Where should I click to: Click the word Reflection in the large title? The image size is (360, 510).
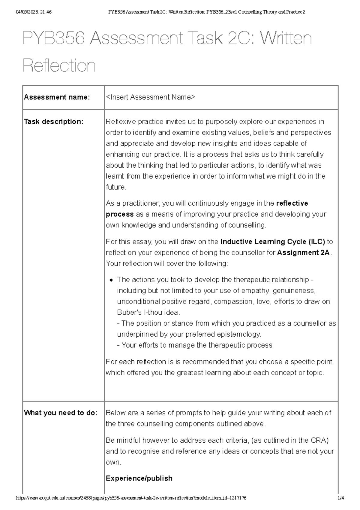coord(59,66)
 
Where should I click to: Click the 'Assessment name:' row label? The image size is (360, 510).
coord(57,97)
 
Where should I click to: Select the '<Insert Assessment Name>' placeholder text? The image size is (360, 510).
coord(150,97)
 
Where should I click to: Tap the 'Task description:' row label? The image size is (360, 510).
coord(53,122)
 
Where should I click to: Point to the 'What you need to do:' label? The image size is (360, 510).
coord(61,413)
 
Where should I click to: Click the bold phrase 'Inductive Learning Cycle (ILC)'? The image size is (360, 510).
coord(272,242)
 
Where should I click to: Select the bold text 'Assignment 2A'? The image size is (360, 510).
coord(303,253)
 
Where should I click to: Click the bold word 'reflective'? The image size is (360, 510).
coord(292,203)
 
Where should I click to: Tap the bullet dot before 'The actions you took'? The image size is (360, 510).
coord(111,280)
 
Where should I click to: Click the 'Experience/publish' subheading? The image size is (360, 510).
coord(139,478)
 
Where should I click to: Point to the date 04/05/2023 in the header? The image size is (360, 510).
coord(25,12)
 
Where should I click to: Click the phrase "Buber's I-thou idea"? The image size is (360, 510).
coord(148,313)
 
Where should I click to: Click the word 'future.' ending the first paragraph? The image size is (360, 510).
coord(116,187)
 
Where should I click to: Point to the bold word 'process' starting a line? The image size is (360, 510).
coord(120,214)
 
